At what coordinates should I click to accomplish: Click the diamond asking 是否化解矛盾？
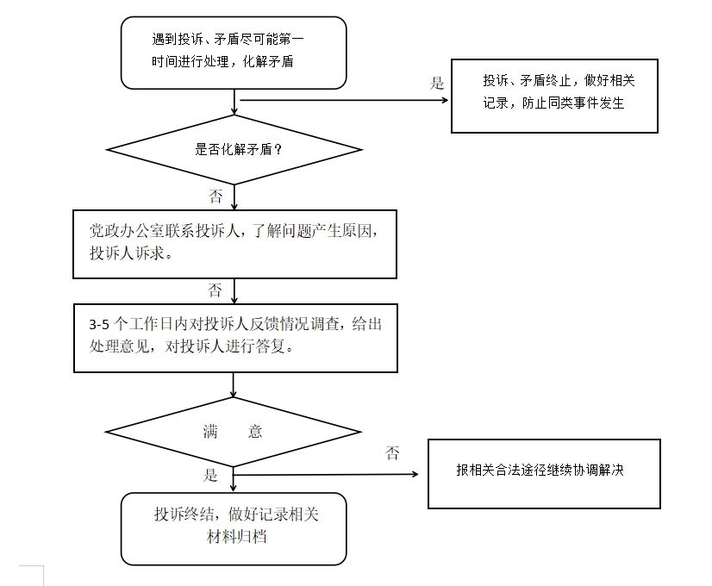point(234,149)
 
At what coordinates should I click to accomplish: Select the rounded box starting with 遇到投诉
point(234,53)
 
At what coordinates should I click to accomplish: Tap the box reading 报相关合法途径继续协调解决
point(544,473)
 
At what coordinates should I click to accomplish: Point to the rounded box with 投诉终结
point(234,529)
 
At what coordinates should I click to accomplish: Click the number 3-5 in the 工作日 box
point(99,325)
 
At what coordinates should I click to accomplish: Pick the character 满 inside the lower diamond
point(210,431)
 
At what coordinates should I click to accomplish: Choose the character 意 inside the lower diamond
point(255,431)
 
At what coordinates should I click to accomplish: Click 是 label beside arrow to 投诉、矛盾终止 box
point(437,83)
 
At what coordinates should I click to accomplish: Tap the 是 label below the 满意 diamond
point(210,475)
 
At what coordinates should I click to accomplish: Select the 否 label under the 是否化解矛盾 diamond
point(215,196)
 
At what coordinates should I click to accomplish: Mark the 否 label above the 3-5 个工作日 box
point(215,290)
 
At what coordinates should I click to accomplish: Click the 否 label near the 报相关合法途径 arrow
point(392,453)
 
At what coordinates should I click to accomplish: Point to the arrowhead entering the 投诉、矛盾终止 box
point(446,100)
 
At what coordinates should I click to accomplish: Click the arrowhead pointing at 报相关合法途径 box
point(415,474)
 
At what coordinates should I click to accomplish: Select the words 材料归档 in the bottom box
point(236,537)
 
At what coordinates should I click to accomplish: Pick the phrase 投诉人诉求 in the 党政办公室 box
point(127,253)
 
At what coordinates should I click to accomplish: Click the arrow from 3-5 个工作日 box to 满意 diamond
point(234,385)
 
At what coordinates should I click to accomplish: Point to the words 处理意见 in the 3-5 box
point(119,346)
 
